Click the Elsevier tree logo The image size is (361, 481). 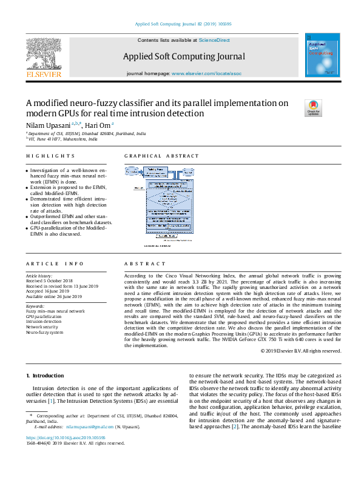coord(44,55)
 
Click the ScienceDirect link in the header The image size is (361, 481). coord(214,40)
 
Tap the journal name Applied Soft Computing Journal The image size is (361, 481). coord(184,56)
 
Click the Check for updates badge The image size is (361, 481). coord(313,108)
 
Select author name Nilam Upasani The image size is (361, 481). coord(47,125)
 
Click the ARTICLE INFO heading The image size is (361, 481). coord(55,264)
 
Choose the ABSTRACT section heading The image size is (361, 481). coord(145,264)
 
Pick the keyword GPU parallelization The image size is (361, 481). coord(44,317)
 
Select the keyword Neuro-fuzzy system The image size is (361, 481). coord(44,333)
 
